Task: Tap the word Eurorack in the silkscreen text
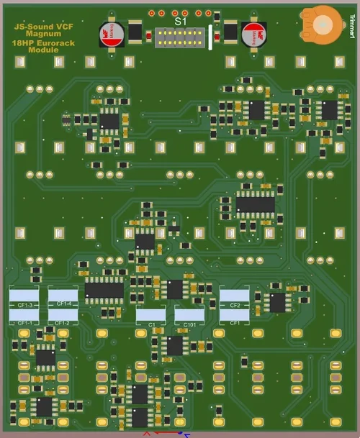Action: (x=57, y=43)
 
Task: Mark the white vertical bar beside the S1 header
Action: (x=210, y=37)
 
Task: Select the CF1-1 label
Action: (x=24, y=323)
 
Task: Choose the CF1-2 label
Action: (x=63, y=323)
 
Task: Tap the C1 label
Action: (x=151, y=325)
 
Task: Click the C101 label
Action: (x=189, y=325)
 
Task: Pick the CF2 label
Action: (x=234, y=306)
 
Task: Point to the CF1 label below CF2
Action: (x=234, y=324)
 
